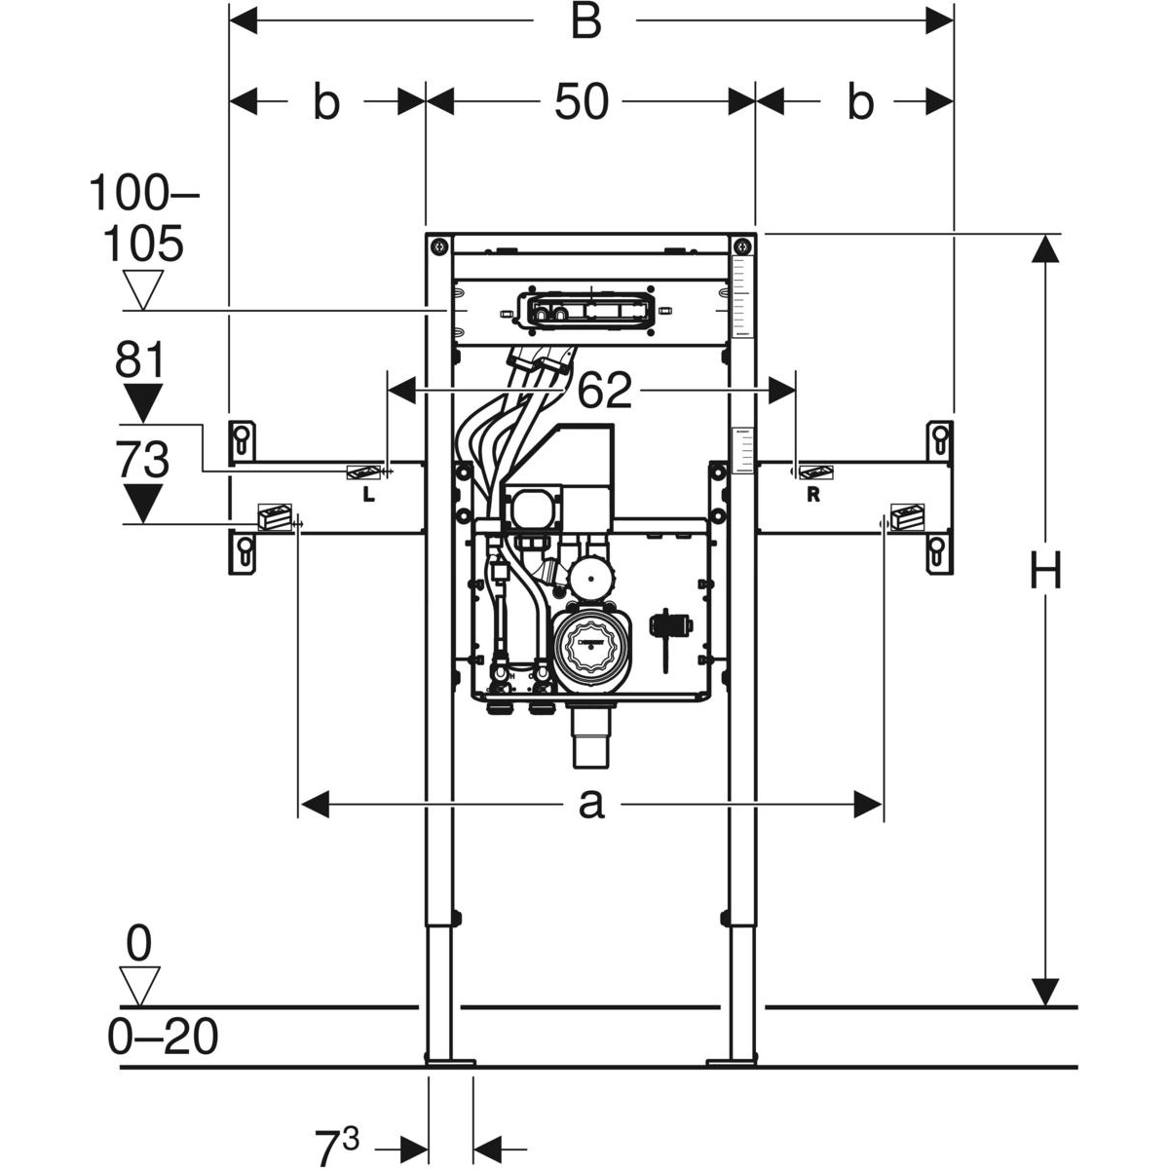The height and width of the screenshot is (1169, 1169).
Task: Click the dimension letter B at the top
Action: coord(585,20)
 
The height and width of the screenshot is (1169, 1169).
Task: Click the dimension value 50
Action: coord(582,101)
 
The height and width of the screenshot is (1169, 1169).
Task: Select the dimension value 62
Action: coord(605,391)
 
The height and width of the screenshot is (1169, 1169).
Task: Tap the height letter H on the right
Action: coord(1046,570)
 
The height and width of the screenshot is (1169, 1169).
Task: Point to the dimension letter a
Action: coord(591,805)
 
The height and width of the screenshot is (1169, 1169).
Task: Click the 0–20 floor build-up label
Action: coord(163,1038)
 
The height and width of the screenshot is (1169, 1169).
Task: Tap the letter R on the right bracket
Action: coord(813,495)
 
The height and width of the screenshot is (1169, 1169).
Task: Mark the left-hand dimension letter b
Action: coord(325,101)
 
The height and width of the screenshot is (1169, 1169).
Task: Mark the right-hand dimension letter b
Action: coord(860,101)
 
